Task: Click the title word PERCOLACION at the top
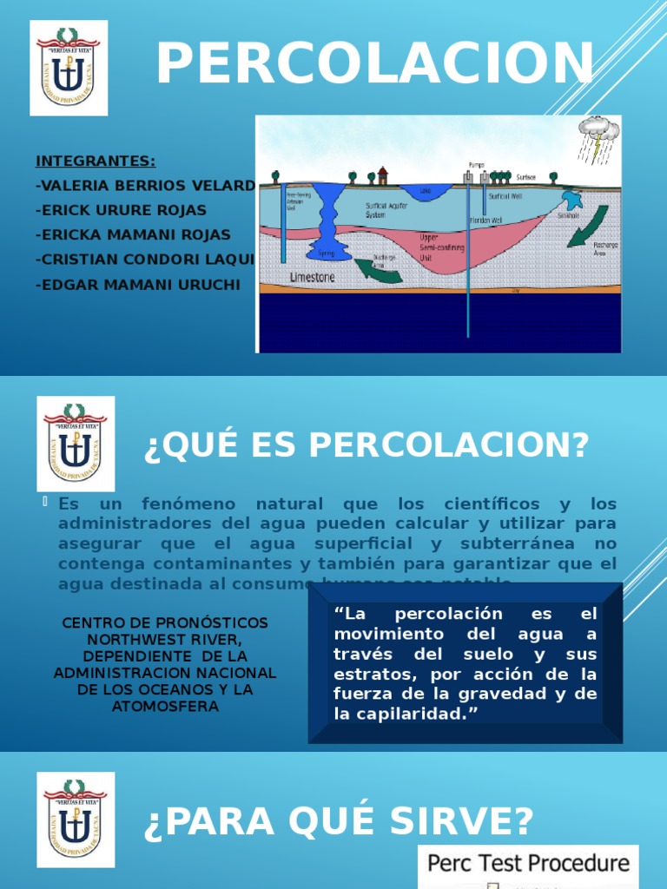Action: [375, 65]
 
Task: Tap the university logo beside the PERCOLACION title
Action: [69, 68]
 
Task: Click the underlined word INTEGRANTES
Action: [96, 161]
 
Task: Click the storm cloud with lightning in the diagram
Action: [599, 135]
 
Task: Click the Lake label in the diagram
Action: [426, 190]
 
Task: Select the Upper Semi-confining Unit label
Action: [440, 247]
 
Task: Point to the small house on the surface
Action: [382, 176]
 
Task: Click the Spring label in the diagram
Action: [326, 254]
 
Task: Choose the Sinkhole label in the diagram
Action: [569, 214]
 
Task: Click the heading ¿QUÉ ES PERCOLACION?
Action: [366, 445]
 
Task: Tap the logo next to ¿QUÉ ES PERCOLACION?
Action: [76, 443]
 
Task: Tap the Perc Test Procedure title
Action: [528, 863]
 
